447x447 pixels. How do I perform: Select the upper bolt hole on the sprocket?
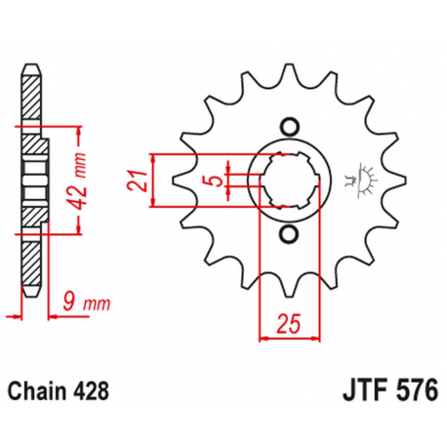288,126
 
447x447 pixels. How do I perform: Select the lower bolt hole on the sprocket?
288,235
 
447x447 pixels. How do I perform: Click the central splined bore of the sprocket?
288,181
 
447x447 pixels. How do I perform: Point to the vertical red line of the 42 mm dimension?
76,181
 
